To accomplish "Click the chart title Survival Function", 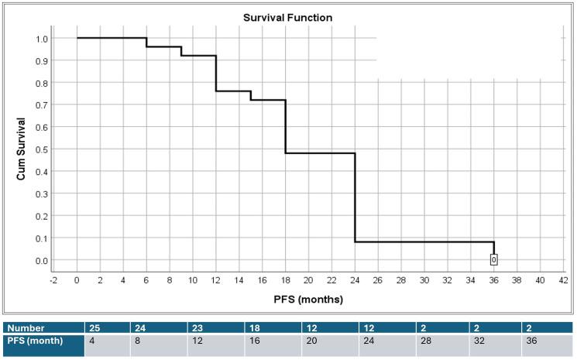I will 288,18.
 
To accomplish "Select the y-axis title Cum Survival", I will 22,149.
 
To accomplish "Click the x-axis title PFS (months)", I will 308,298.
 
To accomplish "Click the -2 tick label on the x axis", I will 53,279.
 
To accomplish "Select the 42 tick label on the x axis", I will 563,279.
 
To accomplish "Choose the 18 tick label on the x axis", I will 285,279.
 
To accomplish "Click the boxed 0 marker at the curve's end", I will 493,260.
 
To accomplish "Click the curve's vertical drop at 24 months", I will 355,197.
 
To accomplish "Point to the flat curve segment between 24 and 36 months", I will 424,242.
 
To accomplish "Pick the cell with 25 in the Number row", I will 96,327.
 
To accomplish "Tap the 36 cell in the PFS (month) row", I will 531,341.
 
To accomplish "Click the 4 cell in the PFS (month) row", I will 93,341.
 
